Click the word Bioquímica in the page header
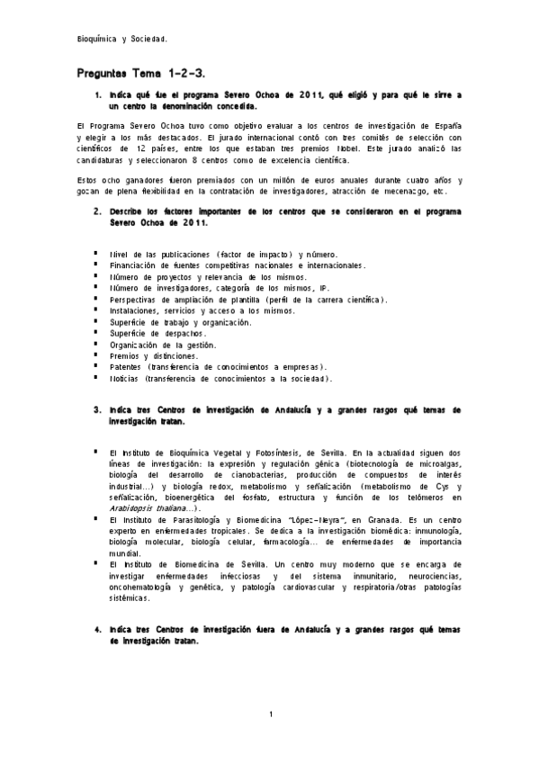(96, 40)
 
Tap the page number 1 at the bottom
(271, 714)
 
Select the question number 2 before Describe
(97, 211)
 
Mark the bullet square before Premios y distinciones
(94, 355)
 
